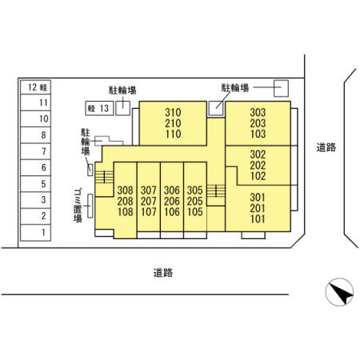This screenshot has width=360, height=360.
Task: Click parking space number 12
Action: pos(36,87)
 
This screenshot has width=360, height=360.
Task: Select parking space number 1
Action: pos(36,233)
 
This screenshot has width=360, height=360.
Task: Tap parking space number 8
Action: pos(36,135)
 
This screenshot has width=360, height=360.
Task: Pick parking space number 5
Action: pos(36,184)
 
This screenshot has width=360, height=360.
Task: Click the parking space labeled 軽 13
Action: pos(99,108)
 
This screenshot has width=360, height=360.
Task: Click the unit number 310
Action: pos(173,112)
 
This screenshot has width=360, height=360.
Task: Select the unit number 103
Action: pos(258,134)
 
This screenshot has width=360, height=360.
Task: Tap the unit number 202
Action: pos(258,166)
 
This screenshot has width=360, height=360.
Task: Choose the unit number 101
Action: pos(258,218)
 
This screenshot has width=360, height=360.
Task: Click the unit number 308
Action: pos(126,190)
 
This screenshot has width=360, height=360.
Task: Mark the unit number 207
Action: pos(149,201)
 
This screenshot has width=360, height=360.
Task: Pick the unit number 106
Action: pos(172,212)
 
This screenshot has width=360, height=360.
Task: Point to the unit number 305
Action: pos(195,190)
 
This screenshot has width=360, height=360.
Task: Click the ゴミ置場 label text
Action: pos(78,206)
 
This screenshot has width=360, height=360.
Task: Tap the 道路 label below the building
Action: pos(163,273)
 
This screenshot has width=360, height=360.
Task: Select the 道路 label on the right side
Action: pos(326,147)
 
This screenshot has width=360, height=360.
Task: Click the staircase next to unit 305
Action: pos(216,191)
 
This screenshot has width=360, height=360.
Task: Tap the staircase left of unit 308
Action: pos(104,177)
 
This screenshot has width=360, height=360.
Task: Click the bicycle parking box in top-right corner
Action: pos(282,88)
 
